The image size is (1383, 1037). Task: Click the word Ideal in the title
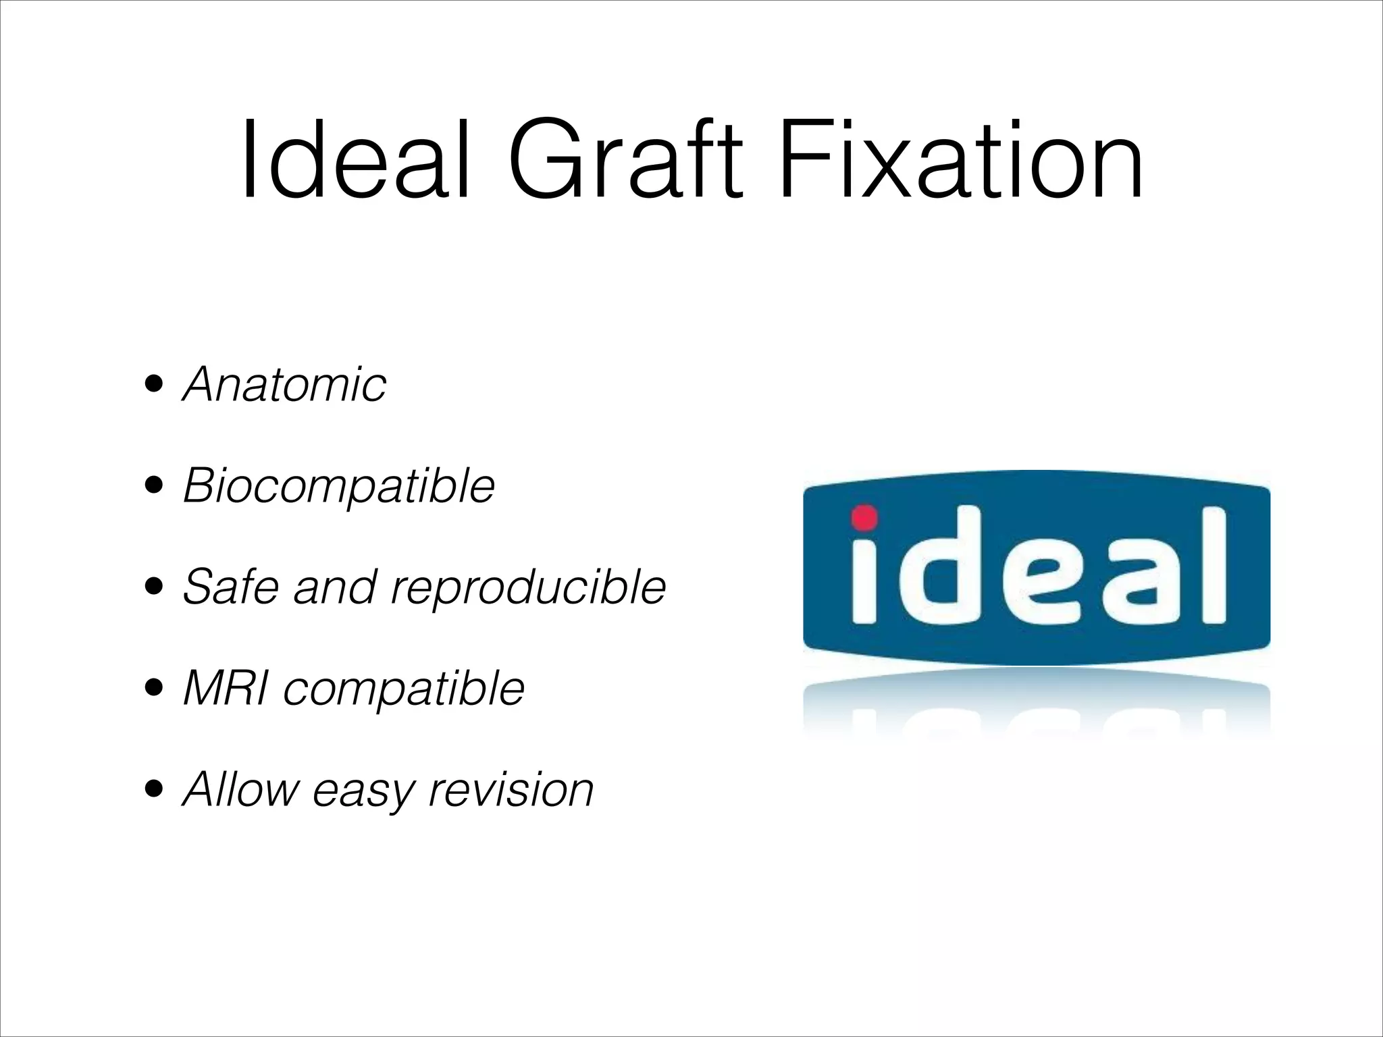[355, 161]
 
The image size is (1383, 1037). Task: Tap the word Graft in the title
[625, 161]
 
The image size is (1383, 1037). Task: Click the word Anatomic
[284, 385]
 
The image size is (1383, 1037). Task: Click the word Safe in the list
[230, 587]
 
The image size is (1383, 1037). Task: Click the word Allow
[240, 789]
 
